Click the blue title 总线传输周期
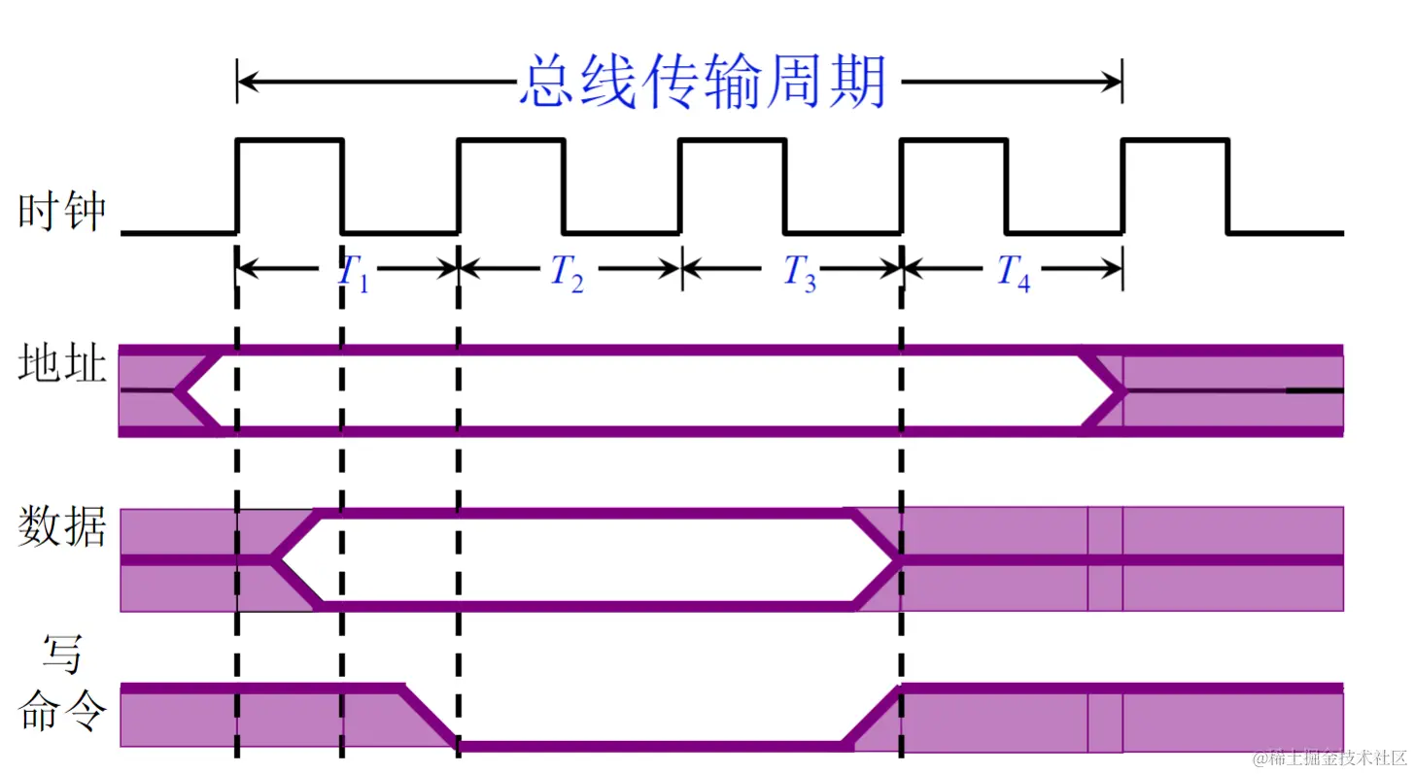tap(704, 82)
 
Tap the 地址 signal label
tap(61, 367)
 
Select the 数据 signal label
tap(61, 528)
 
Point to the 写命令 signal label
tap(61, 686)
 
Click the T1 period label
tap(353, 272)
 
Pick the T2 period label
tap(568, 272)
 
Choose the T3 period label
tap(800, 273)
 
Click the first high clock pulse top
tap(290, 141)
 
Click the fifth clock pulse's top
tap(1175, 141)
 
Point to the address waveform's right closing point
tap(1122, 390)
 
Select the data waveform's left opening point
tap(275, 558)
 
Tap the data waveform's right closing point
tap(898, 558)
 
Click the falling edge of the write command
tap(428, 717)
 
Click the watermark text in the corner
tap(1328, 757)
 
